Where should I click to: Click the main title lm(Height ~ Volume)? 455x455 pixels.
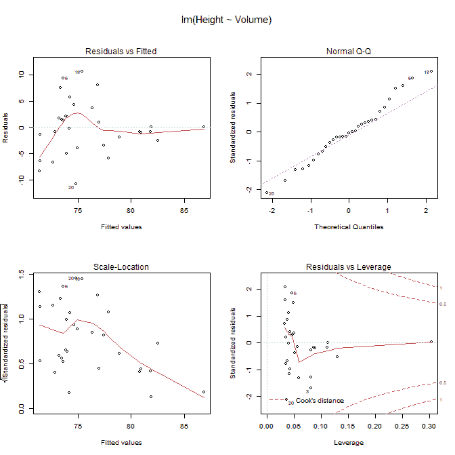click(x=227, y=20)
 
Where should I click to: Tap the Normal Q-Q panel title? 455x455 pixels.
click(x=349, y=52)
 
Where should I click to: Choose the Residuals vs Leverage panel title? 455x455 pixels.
click(x=349, y=267)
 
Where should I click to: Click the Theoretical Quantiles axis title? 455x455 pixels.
click(x=349, y=226)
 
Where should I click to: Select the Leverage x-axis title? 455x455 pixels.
click(x=349, y=442)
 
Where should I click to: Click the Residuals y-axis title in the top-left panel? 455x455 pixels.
click(x=5, y=128)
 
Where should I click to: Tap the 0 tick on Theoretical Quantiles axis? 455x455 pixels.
click(x=349, y=211)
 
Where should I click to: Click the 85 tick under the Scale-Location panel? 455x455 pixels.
click(x=183, y=427)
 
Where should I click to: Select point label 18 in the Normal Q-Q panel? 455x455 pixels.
click(x=427, y=73)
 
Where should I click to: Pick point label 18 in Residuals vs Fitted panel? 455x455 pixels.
click(x=77, y=73)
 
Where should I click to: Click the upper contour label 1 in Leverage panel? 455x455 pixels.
click(x=440, y=288)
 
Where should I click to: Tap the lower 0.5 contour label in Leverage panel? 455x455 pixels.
click(x=441, y=383)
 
